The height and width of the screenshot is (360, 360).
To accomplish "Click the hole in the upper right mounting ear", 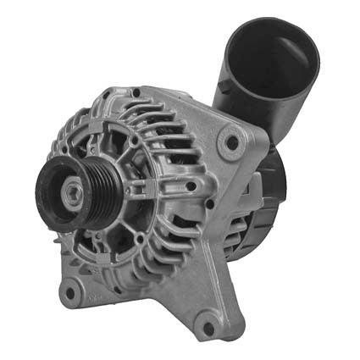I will [229, 144].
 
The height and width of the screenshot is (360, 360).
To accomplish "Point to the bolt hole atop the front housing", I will [136, 92].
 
